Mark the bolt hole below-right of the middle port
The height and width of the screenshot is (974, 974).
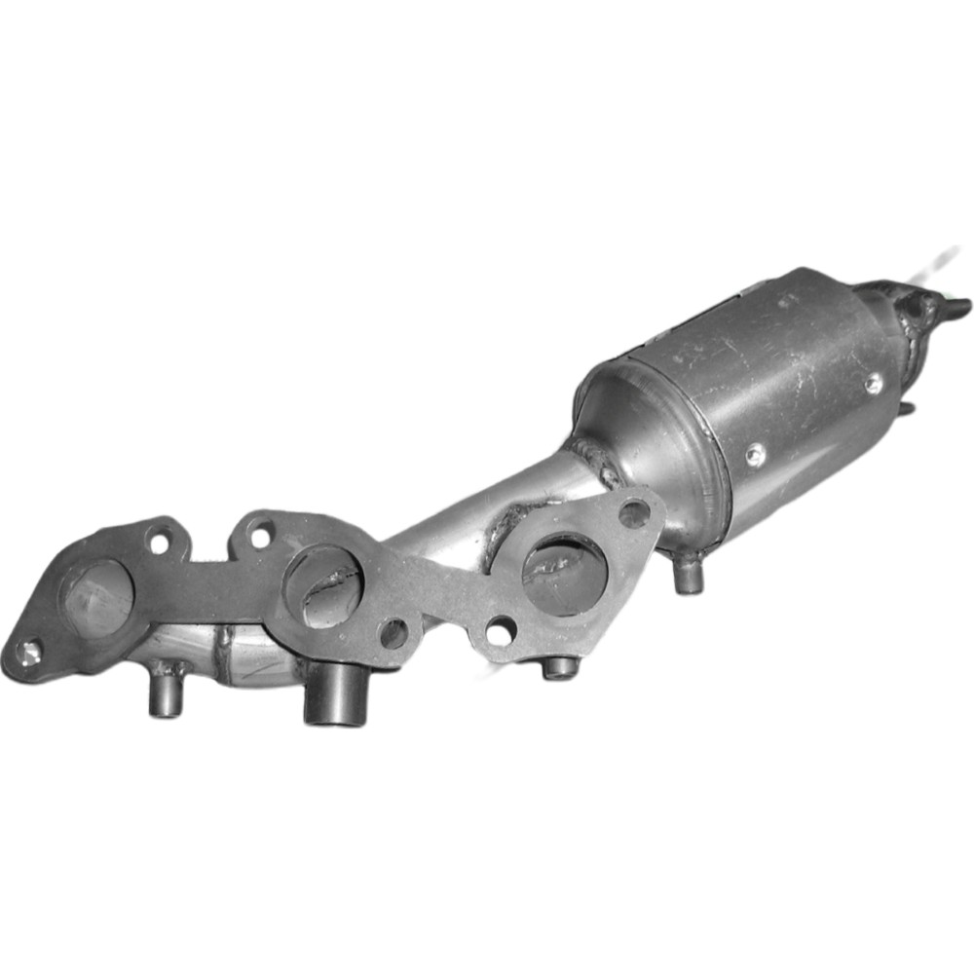click(x=393, y=634)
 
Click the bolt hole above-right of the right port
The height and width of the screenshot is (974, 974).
click(x=633, y=512)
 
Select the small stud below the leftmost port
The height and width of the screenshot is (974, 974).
click(x=167, y=693)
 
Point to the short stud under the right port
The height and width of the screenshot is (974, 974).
click(x=560, y=668)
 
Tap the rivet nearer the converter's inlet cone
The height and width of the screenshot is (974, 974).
click(x=754, y=454)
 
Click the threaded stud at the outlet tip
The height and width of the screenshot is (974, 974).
click(x=955, y=308)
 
